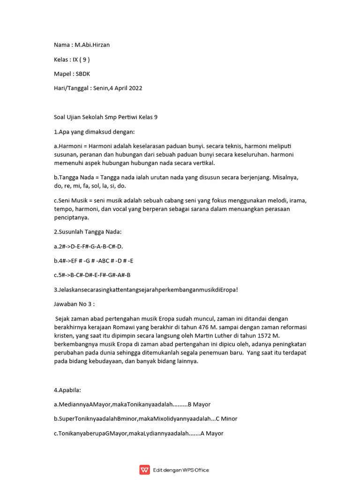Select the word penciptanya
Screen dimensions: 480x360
[x=72, y=217]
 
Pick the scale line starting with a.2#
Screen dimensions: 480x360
[x=89, y=246]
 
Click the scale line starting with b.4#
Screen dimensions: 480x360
[x=97, y=261]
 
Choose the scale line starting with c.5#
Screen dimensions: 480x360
[x=92, y=275]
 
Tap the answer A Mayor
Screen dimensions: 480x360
[x=212, y=434]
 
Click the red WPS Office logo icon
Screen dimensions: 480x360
[x=144, y=470]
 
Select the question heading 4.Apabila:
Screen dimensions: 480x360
[x=67, y=390]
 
